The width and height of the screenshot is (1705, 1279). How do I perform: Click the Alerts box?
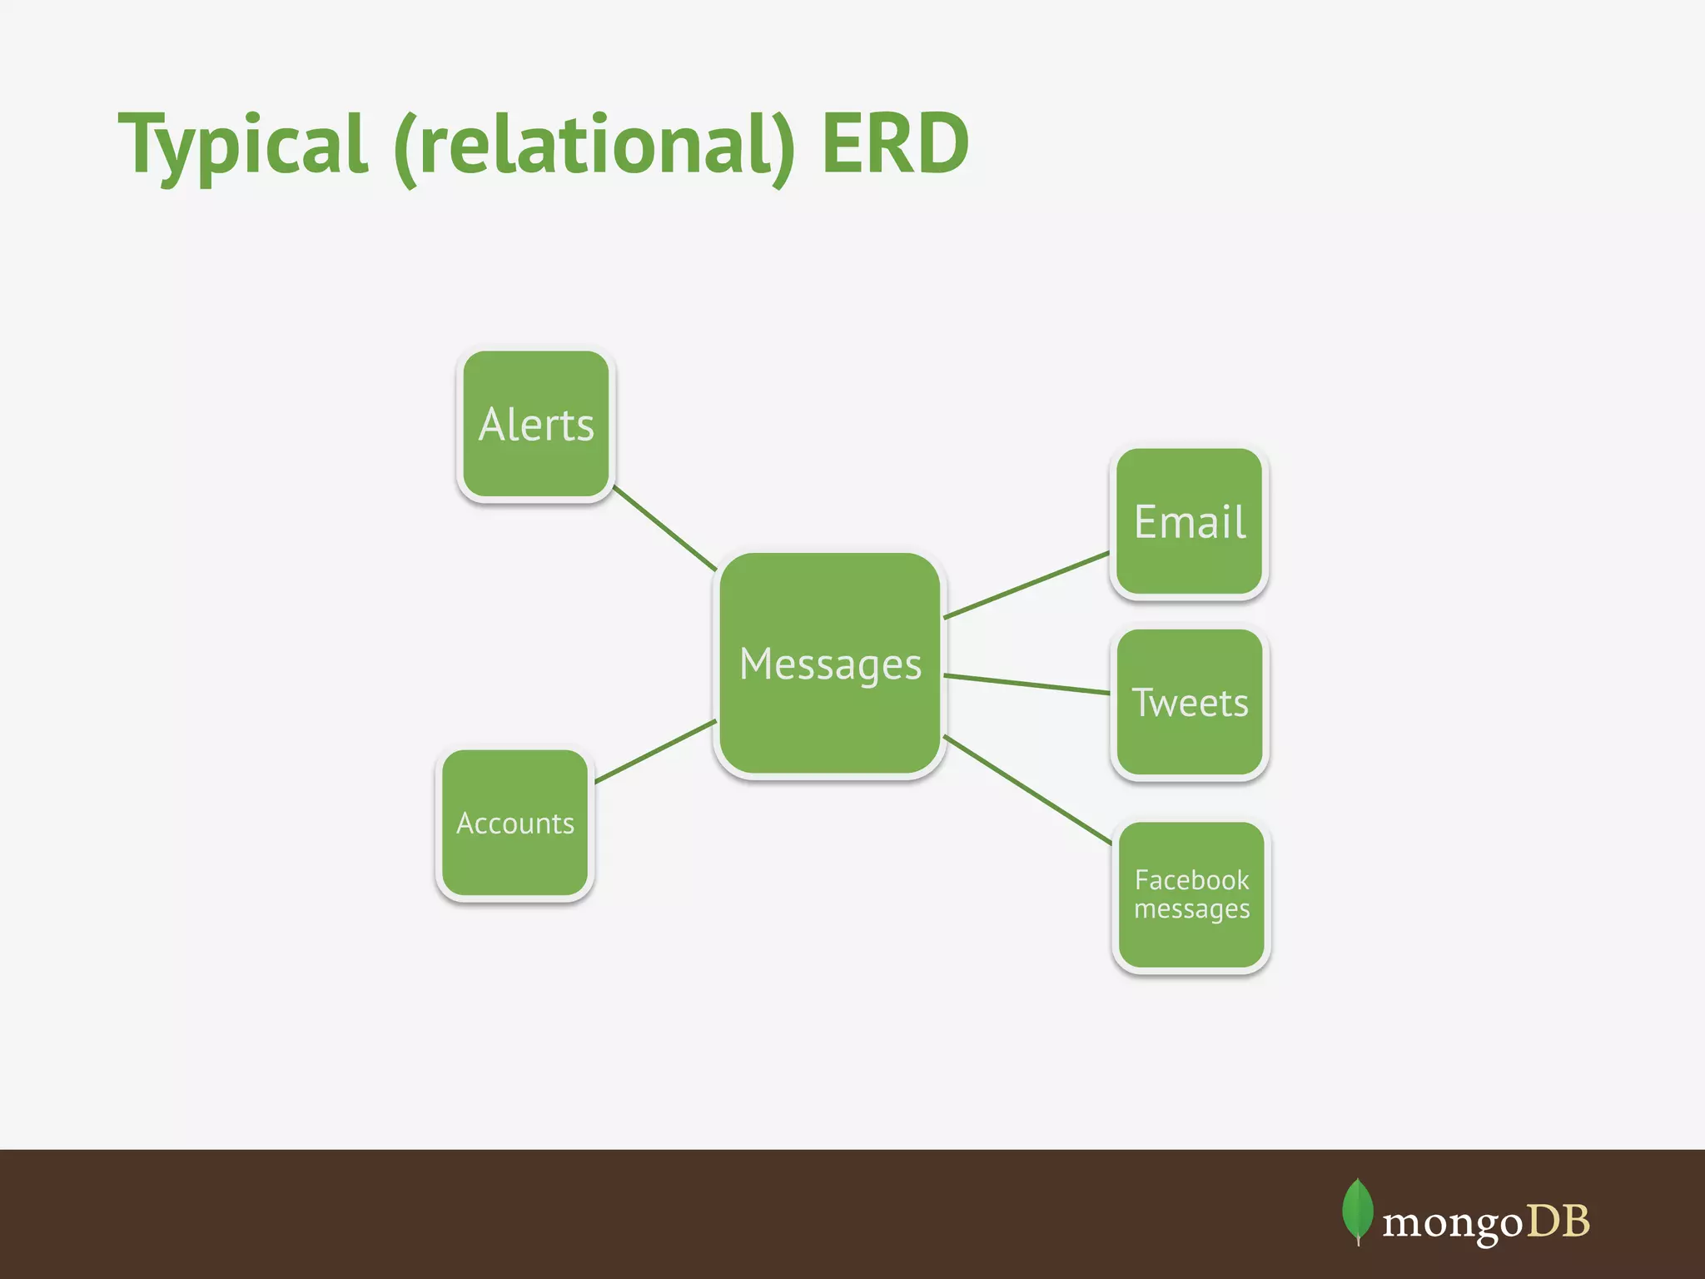pos(536,425)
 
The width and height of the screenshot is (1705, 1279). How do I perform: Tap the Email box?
pos(1190,523)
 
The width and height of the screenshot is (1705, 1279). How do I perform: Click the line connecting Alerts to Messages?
pos(664,529)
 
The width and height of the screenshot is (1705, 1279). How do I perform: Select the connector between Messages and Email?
pos(1026,585)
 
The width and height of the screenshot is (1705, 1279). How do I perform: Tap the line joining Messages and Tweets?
pos(1026,684)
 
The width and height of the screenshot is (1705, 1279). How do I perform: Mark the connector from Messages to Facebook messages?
pos(1027,789)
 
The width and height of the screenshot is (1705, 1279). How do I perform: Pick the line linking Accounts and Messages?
pos(655,751)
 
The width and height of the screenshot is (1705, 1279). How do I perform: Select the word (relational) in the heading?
pos(594,145)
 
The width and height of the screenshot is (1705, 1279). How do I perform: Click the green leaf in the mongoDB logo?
pos(1358,1210)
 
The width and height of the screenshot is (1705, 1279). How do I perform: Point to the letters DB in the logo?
pos(1558,1222)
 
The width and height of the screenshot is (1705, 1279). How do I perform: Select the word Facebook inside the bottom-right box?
pos(1191,880)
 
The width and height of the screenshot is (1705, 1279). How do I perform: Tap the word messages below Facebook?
pos(1191,909)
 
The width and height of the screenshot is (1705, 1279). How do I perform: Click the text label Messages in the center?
pos(830,664)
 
